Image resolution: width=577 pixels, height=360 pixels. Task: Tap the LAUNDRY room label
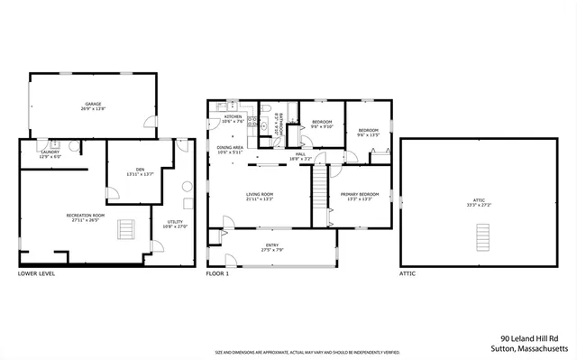coord(50,153)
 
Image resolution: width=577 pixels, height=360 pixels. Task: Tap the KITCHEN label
coord(233,118)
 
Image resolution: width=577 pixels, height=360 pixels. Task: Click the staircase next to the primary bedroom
coord(317,190)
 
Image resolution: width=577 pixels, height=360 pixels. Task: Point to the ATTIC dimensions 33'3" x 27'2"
coord(485,205)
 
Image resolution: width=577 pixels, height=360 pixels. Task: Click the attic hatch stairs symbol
coord(485,237)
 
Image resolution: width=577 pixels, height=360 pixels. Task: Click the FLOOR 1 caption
coord(217,272)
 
